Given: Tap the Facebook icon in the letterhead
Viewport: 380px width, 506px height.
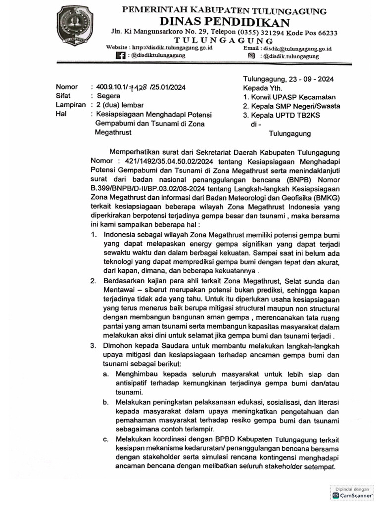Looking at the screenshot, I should (120, 56).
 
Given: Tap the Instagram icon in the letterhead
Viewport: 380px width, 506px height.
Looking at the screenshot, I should (251, 56).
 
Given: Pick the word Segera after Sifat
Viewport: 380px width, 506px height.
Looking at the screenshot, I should (109, 96).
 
